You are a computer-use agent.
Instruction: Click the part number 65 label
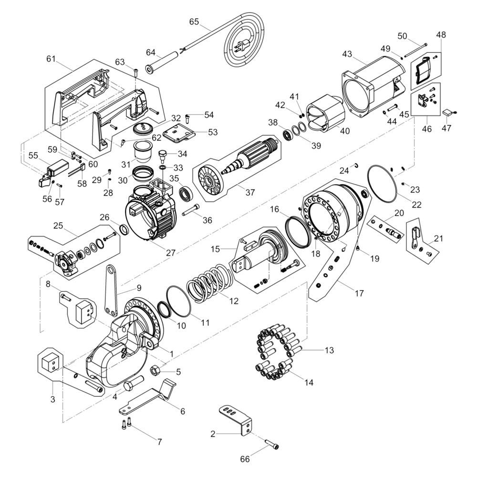(x=194, y=22)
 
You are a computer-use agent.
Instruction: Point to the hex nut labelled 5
(x=155, y=370)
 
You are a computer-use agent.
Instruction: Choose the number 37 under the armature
(x=250, y=192)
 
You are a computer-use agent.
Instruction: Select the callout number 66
(x=245, y=459)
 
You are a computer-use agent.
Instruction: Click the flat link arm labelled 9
(x=112, y=290)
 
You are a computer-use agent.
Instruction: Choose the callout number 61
(x=51, y=59)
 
